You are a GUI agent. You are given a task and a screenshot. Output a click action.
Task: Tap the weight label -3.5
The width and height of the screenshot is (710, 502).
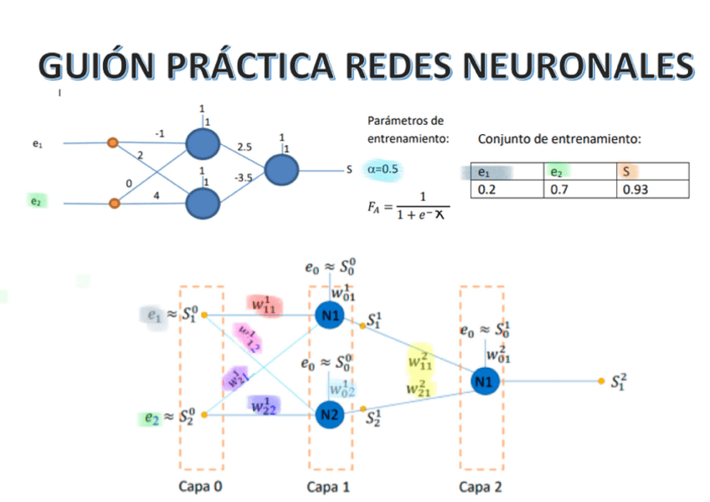[244, 178]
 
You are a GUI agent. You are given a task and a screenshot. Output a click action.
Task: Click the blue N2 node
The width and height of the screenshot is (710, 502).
[328, 413]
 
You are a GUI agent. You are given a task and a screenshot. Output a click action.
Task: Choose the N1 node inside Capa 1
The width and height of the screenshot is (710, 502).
[328, 315]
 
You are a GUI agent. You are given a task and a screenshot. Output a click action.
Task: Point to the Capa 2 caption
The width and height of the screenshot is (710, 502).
[481, 486]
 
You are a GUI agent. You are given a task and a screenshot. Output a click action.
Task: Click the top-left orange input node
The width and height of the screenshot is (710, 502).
[112, 143]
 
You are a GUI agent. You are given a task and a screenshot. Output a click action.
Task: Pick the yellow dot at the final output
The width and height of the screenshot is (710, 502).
[601, 381]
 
